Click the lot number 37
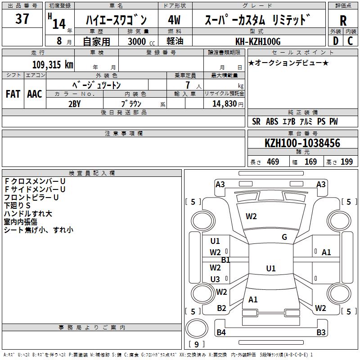(22, 19)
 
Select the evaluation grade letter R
(343, 20)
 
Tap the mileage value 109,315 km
(52, 64)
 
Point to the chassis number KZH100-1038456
(302, 143)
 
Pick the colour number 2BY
(74, 103)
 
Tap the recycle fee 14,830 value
(223, 103)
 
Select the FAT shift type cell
(13, 94)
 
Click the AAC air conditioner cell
(34, 94)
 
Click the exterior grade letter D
(335, 41)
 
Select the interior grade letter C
(350, 41)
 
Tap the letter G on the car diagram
(284, 237)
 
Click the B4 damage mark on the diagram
(221, 333)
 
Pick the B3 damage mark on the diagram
(320, 333)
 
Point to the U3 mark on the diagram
(215, 279)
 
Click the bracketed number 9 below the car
(196, 345)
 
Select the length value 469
(273, 162)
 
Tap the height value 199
(346, 162)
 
